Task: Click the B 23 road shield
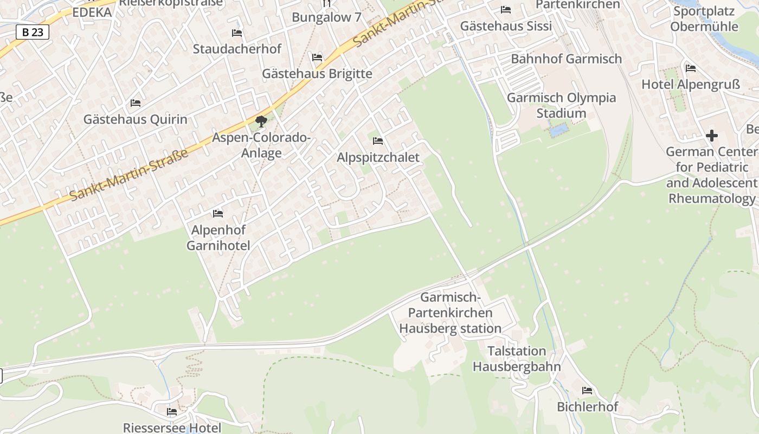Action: coord(33,33)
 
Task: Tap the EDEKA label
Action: coord(92,12)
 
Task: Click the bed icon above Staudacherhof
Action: coord(237,33)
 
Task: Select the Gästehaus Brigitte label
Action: coord(317,74)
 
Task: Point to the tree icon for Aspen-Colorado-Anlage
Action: coord(261,121)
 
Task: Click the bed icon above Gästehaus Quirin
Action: coord(136,103)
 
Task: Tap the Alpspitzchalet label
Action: coord(378,157)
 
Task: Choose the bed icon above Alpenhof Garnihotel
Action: coord(218,214)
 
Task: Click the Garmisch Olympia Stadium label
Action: coord(561,105)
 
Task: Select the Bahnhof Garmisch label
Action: coord(566,59)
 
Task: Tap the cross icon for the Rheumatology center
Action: coord(712,135)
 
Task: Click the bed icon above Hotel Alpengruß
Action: coord(690,68)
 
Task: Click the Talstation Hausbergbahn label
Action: coord(517,359)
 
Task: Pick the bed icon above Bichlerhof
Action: coord(587,391)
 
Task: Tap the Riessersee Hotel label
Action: coord(172,427)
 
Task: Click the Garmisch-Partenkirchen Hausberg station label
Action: coord(450,313)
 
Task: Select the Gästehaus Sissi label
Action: coord(506,26)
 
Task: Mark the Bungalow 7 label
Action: coord(326,17)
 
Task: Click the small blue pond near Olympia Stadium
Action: coord(558,130)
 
